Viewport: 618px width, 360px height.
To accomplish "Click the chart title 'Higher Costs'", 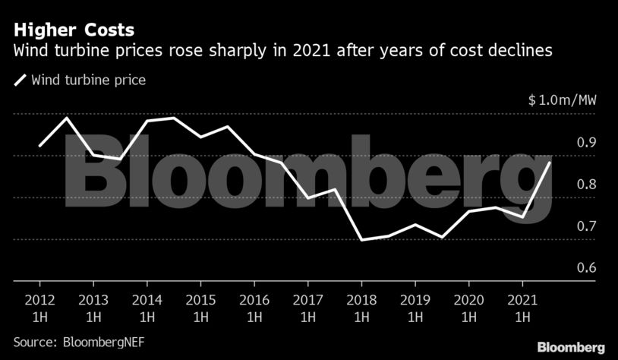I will (74, 30).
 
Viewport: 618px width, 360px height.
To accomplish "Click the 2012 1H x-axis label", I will (39, 307).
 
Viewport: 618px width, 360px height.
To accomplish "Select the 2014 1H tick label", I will (147, 307).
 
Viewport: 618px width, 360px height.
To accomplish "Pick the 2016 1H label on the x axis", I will (255, 307).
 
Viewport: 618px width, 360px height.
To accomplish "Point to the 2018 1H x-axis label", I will (362, 307).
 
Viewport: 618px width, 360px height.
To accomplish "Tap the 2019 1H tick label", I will (415, 307).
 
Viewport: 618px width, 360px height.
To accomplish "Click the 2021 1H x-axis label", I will (523, 307).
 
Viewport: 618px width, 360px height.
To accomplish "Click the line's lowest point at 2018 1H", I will (362, 239).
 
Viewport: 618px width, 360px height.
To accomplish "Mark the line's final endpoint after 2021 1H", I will (550, 163).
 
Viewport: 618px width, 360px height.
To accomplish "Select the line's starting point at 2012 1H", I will (39, 145).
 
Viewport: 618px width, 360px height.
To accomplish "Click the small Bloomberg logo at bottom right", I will (571, 346).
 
